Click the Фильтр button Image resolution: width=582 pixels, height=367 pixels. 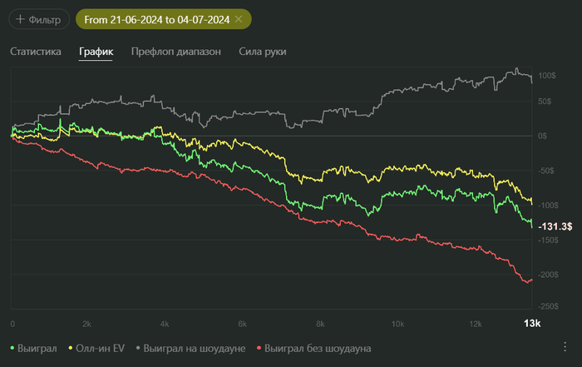point(37,18)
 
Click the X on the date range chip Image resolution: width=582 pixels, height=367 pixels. point(239,18)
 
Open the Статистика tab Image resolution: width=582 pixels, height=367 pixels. point(36,52)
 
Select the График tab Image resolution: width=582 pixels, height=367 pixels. point(96,52)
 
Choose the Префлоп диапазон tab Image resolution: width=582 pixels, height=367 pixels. point(176,52)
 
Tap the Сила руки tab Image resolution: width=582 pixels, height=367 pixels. point(263,52)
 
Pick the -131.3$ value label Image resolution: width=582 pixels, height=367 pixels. point(555,226)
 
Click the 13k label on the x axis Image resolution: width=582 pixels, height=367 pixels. point(531,323)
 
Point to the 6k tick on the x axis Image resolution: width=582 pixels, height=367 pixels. point(243,323)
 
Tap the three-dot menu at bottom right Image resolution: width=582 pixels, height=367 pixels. point(565,347)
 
